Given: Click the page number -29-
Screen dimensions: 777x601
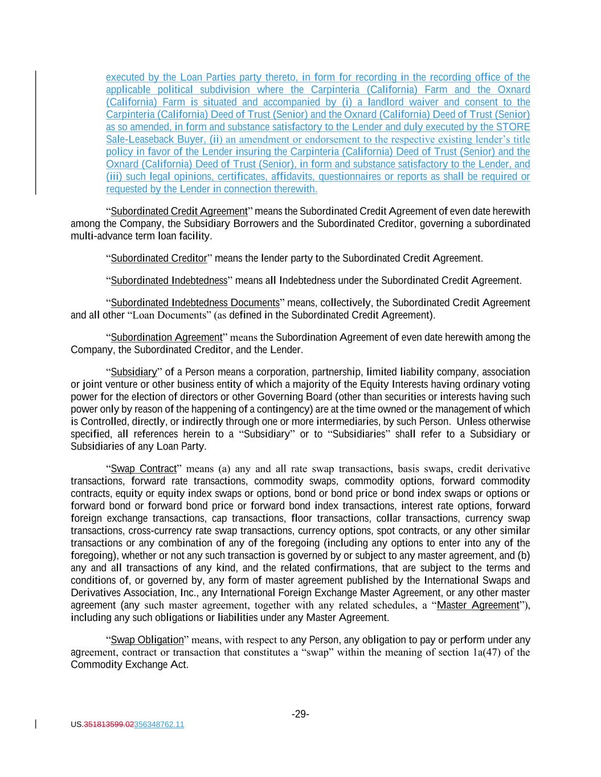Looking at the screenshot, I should [300, 714].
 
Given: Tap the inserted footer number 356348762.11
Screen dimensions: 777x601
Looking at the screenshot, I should [159, 725].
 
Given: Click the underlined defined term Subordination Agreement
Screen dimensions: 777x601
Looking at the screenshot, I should [166, 338].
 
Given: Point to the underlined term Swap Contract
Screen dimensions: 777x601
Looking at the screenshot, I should [144, 468].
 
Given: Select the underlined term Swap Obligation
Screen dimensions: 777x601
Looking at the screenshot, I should [148, 640].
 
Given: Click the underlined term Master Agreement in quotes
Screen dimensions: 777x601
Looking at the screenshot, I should [479, 605].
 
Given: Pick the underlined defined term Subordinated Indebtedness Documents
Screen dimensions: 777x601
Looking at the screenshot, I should [195, 303].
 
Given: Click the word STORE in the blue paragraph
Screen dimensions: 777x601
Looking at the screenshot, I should [513, 127].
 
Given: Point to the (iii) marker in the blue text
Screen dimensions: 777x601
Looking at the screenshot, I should [114, 176].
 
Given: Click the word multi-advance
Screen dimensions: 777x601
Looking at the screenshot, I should [95, 236].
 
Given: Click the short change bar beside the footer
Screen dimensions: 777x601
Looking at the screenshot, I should [36, 724].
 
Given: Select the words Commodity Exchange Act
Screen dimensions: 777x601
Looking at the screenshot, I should [129, 664].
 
